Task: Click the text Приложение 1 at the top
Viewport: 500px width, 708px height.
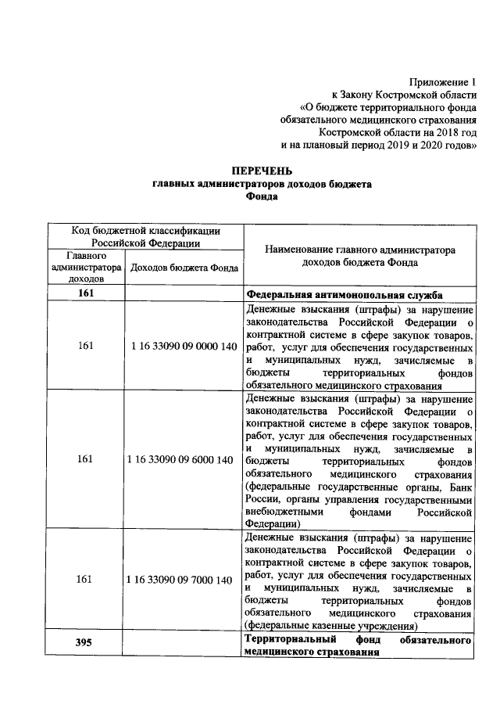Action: tap(441, 81)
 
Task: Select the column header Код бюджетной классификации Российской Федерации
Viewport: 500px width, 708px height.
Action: tap(145, 236)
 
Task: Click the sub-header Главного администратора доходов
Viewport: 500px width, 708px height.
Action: tap(86, 267)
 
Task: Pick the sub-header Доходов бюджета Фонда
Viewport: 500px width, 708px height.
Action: tap(184, 268)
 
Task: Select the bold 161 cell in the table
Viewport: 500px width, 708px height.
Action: tap(86, 294)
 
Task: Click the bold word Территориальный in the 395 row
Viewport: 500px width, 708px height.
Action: tap(284, 640)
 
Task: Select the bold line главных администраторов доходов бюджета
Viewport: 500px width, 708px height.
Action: tap(261, 184)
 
